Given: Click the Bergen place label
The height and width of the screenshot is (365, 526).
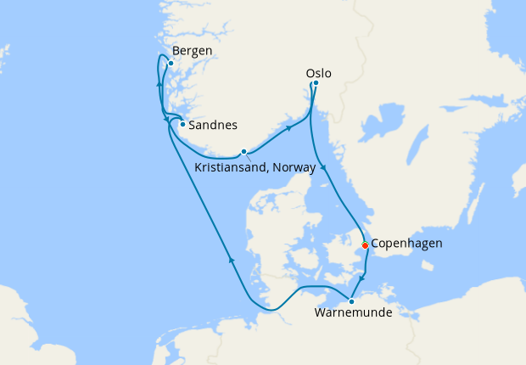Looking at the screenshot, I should point(192,51).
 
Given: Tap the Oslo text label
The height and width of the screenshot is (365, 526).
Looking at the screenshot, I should point(318,74).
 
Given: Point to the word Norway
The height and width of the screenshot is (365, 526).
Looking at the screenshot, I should point(297,168).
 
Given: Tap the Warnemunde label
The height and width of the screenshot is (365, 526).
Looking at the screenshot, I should point(353,313).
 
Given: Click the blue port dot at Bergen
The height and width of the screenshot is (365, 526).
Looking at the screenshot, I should point(171,63).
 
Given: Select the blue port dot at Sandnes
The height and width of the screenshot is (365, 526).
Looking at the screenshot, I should point(182,124).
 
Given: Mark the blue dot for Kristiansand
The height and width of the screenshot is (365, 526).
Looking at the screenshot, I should point(243,152).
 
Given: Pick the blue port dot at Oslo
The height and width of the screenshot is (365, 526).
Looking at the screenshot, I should point(316,83).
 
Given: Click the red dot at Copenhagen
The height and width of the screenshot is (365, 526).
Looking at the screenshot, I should point(365,244).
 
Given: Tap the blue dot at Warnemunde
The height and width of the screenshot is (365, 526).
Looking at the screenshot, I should point(351,301).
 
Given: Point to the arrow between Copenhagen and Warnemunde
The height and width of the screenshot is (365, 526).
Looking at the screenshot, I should point(362,278).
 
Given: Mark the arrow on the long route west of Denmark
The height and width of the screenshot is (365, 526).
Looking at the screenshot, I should point(231,261).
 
